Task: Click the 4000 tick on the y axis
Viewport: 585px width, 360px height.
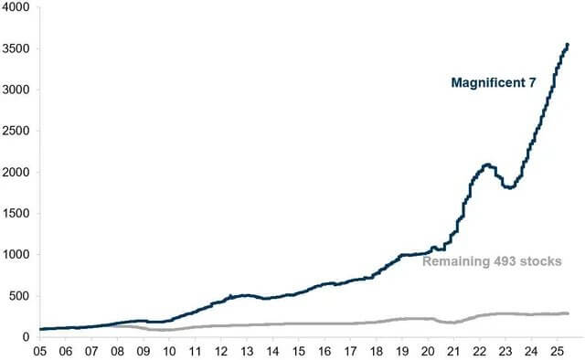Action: [x=16, y=7]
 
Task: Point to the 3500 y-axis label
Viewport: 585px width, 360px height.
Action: [x=16, y=48]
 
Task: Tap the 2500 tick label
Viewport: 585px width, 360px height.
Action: [x=16, y=131]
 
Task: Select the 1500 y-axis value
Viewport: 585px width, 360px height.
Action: [x=16, y=213]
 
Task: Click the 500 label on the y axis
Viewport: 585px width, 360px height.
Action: [x=19, y=295]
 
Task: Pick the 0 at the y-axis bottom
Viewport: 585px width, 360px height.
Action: [x=27, y=336]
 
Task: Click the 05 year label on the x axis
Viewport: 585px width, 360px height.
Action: [x=40, y=349]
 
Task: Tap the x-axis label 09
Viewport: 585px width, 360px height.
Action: [x=143, y=349]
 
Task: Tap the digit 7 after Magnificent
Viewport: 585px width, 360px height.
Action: [x=529, y=83]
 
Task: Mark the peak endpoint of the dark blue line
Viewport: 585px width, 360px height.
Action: [x=568, y=44]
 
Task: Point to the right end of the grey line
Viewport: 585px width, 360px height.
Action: [x=568, y=313]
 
